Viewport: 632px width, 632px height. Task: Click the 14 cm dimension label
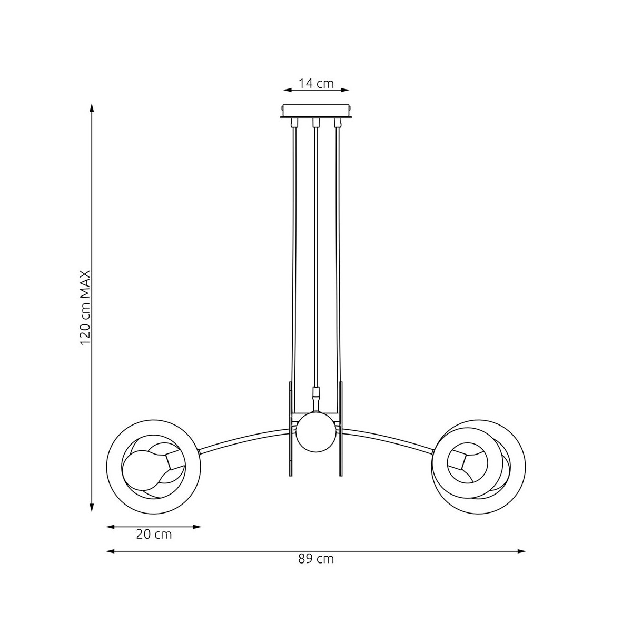pyautogui.click(x=316, y=84)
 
